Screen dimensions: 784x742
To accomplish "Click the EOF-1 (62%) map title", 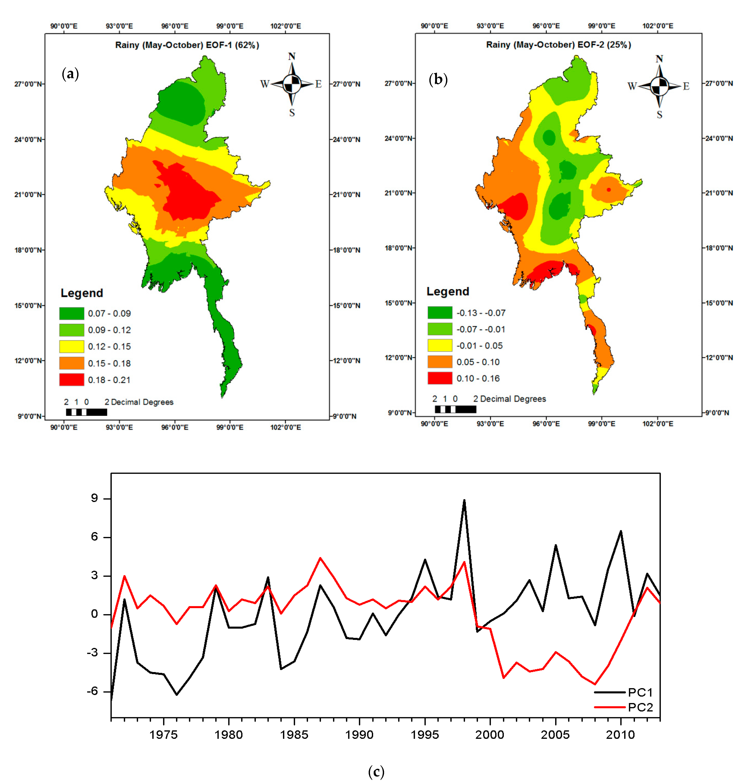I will tap(187, 45).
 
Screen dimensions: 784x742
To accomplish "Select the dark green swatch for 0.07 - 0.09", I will tap(72, 313).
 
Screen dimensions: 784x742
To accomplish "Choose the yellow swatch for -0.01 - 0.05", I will tap(439, 345).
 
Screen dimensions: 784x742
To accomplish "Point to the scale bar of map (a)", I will tap(86, 412).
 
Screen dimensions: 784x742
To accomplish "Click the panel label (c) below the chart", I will tap(376, 771).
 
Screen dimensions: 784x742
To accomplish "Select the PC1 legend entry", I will tap(624, 692).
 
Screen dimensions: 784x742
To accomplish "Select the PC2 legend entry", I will tap(624, 707).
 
